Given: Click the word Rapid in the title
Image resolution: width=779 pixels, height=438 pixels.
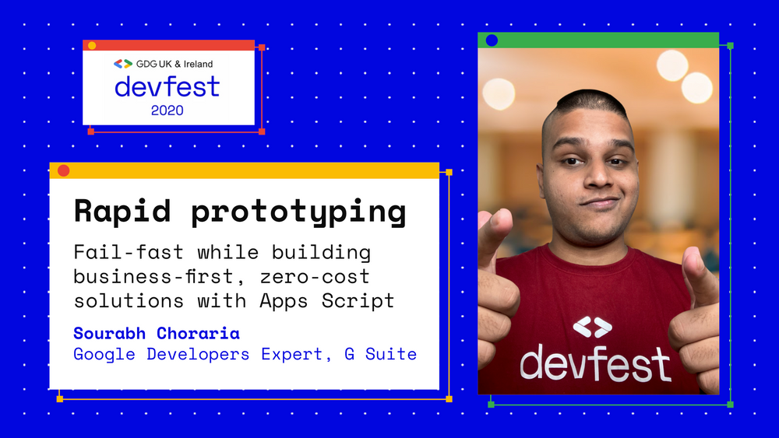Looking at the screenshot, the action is pos(122,210).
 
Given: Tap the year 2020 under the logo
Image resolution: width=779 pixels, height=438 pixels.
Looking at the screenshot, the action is pos(167,110).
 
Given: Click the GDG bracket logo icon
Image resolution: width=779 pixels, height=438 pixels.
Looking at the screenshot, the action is pos(123,64).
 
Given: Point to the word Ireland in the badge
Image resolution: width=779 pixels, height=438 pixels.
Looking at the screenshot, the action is pos(198,64).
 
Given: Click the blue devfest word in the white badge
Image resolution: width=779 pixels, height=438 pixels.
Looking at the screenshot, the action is pos(167,86).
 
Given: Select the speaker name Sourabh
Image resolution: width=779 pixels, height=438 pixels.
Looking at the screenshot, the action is pos(109,333).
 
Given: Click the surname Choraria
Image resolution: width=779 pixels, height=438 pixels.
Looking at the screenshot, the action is pos(198,333).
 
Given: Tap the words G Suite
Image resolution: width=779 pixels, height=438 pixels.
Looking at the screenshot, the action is pos(381,354).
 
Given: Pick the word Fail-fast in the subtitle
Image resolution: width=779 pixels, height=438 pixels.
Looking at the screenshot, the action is pos(129,252).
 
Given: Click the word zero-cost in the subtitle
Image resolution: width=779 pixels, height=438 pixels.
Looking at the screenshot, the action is pos(315,276).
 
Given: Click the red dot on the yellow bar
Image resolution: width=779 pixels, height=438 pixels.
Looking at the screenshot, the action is pos(64,170).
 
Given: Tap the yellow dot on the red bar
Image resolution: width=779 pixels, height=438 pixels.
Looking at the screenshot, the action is pos(92,46).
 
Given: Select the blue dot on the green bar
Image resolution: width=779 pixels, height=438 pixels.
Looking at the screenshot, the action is pos(492,40).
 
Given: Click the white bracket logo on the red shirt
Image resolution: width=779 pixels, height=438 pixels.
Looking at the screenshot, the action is pos(592,327).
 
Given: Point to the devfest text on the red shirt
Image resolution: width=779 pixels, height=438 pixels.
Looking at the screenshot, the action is pos(595,363).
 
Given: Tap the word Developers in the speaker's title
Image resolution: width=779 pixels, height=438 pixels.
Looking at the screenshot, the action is pos(198,354).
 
